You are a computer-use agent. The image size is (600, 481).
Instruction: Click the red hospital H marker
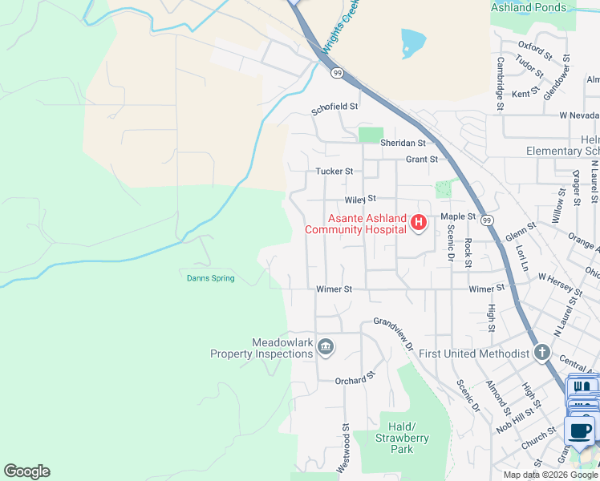[x=417, y=223]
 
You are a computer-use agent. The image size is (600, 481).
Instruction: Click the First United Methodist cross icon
[x=541, y=353]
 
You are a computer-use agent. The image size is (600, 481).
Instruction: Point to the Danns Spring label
[x=210, y=278]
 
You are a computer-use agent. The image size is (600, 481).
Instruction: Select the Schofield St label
[x=334, y=106]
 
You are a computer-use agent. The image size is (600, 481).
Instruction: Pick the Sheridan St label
[x=403, y=143]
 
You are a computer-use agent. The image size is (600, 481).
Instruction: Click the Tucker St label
[x=334, y=172]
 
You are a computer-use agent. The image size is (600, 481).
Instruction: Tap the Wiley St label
[x=360, y=199]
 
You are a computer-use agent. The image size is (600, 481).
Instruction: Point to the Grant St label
[x=421, y=160]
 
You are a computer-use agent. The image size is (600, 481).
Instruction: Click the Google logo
[x=26, y=471]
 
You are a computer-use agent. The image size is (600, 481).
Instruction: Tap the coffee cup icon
[x=581, y=431]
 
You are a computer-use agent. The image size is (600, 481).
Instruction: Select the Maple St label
[x=458, y=217]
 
